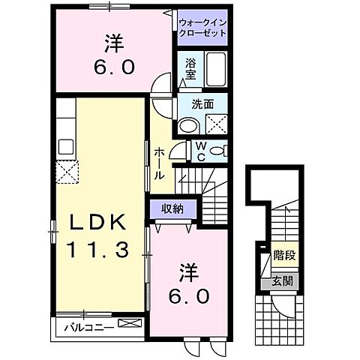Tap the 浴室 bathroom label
point(190,70)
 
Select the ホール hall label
point(159,162)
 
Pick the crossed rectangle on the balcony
point(129,325)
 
